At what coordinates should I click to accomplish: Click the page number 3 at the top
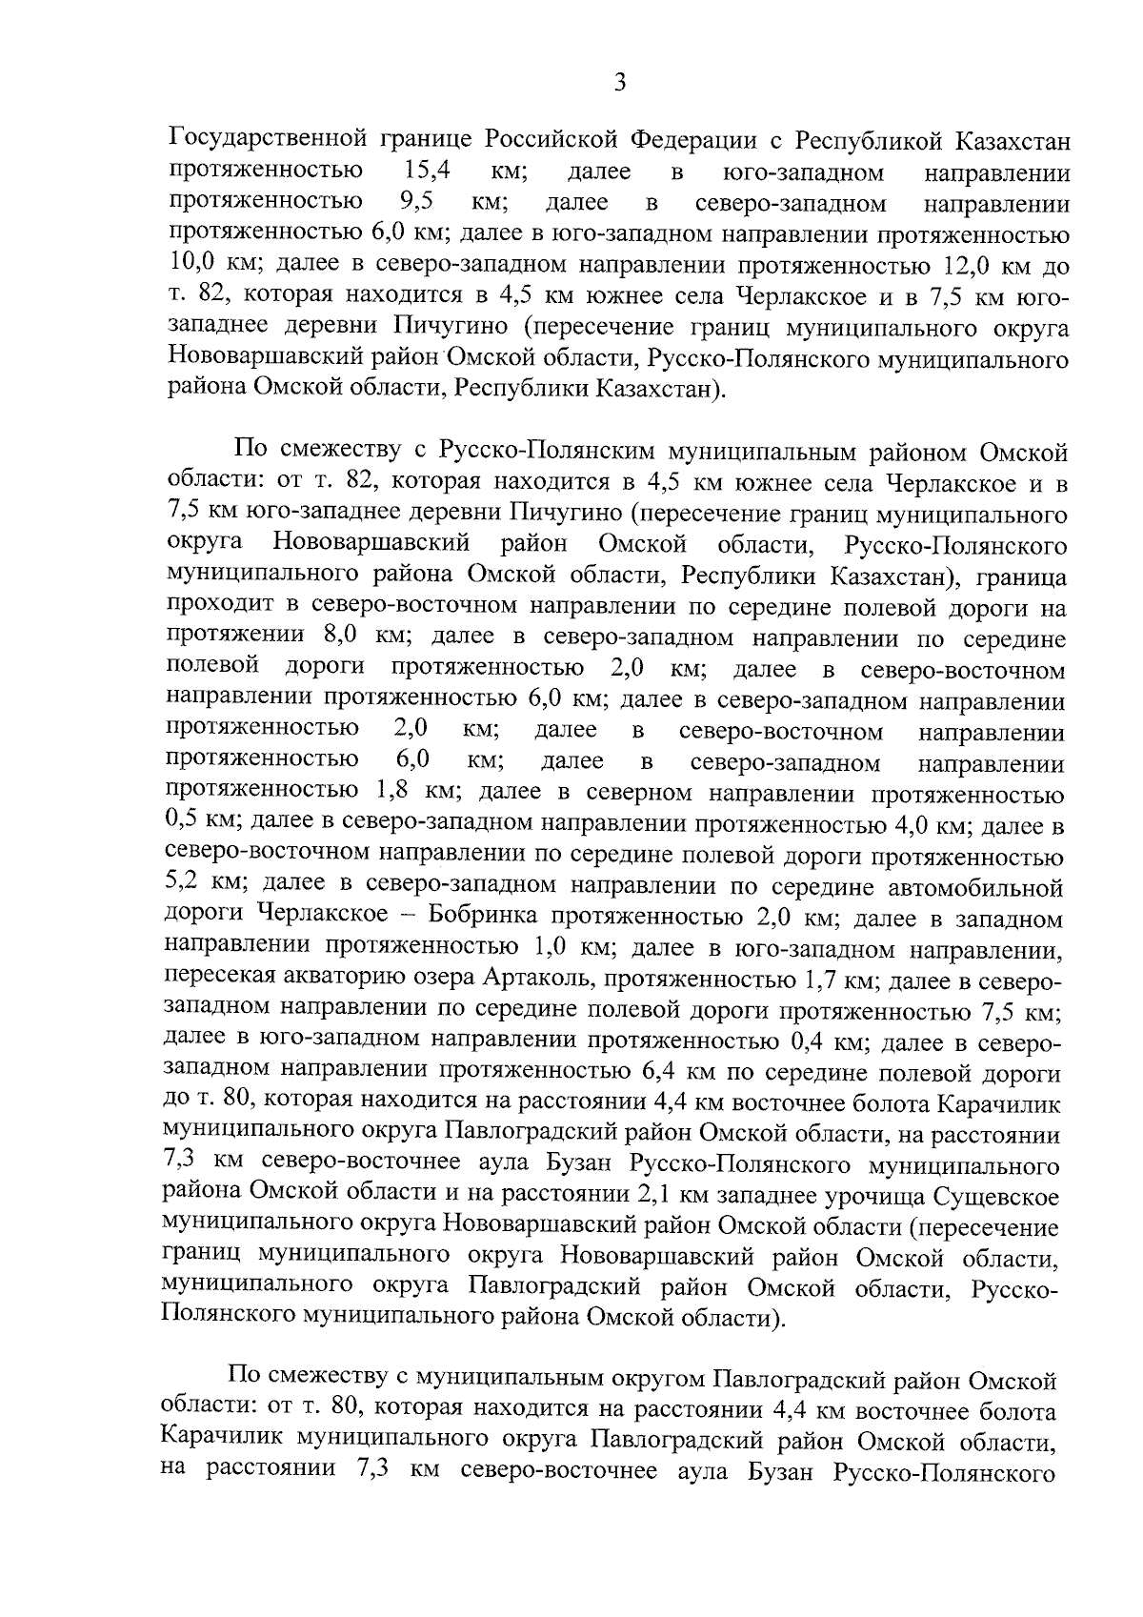pos(619,83)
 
